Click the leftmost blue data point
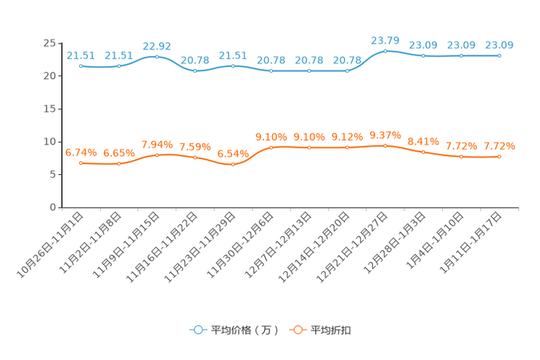[81, 66]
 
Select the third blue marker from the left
[157, 57]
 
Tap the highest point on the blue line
[385, 51]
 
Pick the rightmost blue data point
[499, 55]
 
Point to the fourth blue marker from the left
[195, 71]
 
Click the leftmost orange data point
[81, 163]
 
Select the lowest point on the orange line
[233, 165]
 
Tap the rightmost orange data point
[499, 156]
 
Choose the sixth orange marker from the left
[271, 147]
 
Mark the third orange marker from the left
[157, 155]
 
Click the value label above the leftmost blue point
[81, 55]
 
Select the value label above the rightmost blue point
[499, 45]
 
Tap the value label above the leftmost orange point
[81, 152]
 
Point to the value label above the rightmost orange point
[499, 146]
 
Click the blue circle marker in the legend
[197, 330]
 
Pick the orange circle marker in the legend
[297, 330]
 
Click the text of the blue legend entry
[244, 330]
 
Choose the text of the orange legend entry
[332, 330]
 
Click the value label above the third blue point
[157, 46]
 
